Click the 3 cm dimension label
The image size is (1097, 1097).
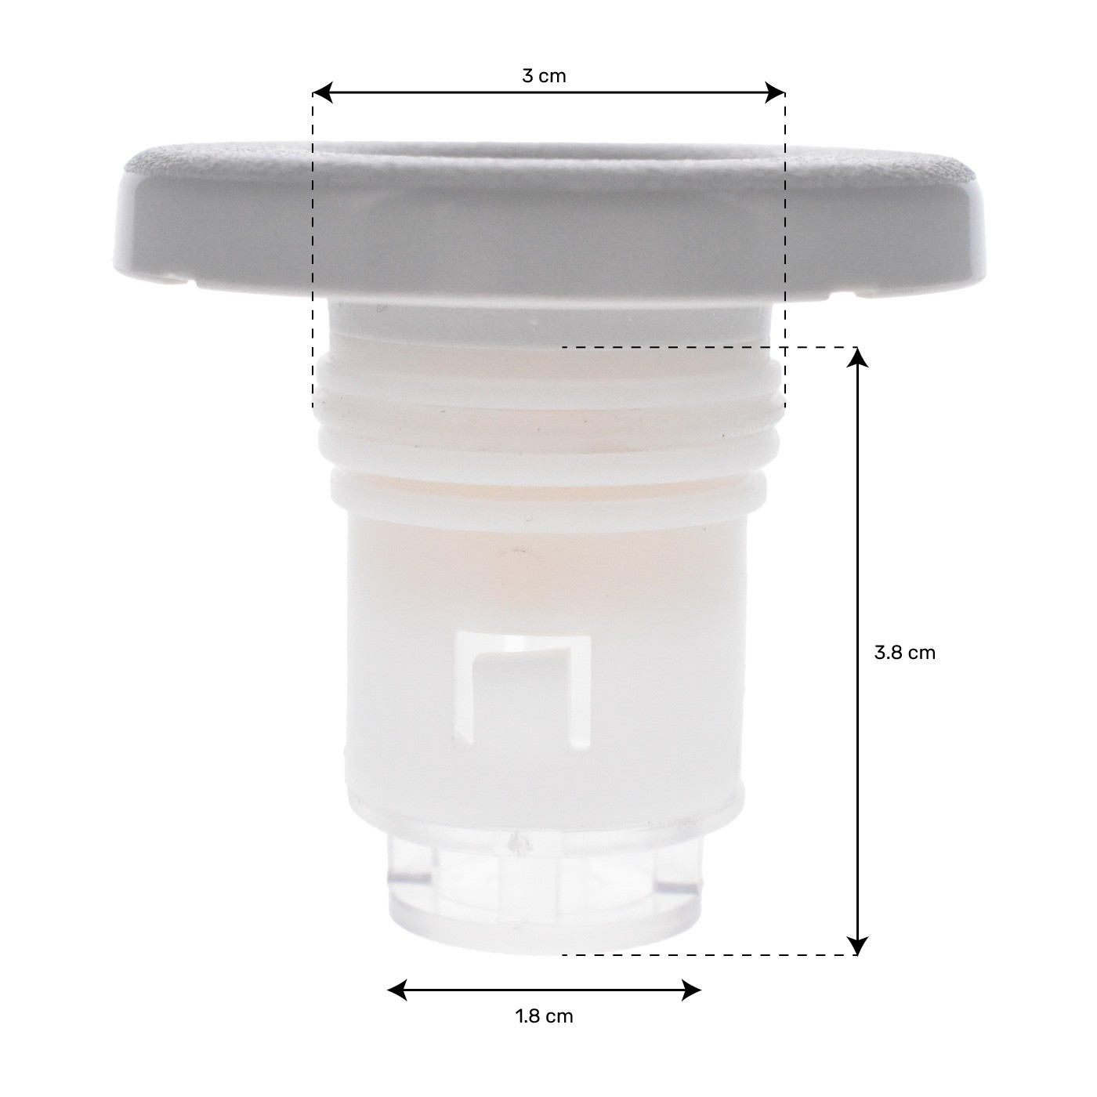point(544,76)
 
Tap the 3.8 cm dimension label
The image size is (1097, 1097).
point(904,653)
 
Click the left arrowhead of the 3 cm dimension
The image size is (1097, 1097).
point(323,92)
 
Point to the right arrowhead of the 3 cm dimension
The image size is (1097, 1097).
point(776,92)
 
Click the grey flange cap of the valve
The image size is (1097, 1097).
point(549,222)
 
